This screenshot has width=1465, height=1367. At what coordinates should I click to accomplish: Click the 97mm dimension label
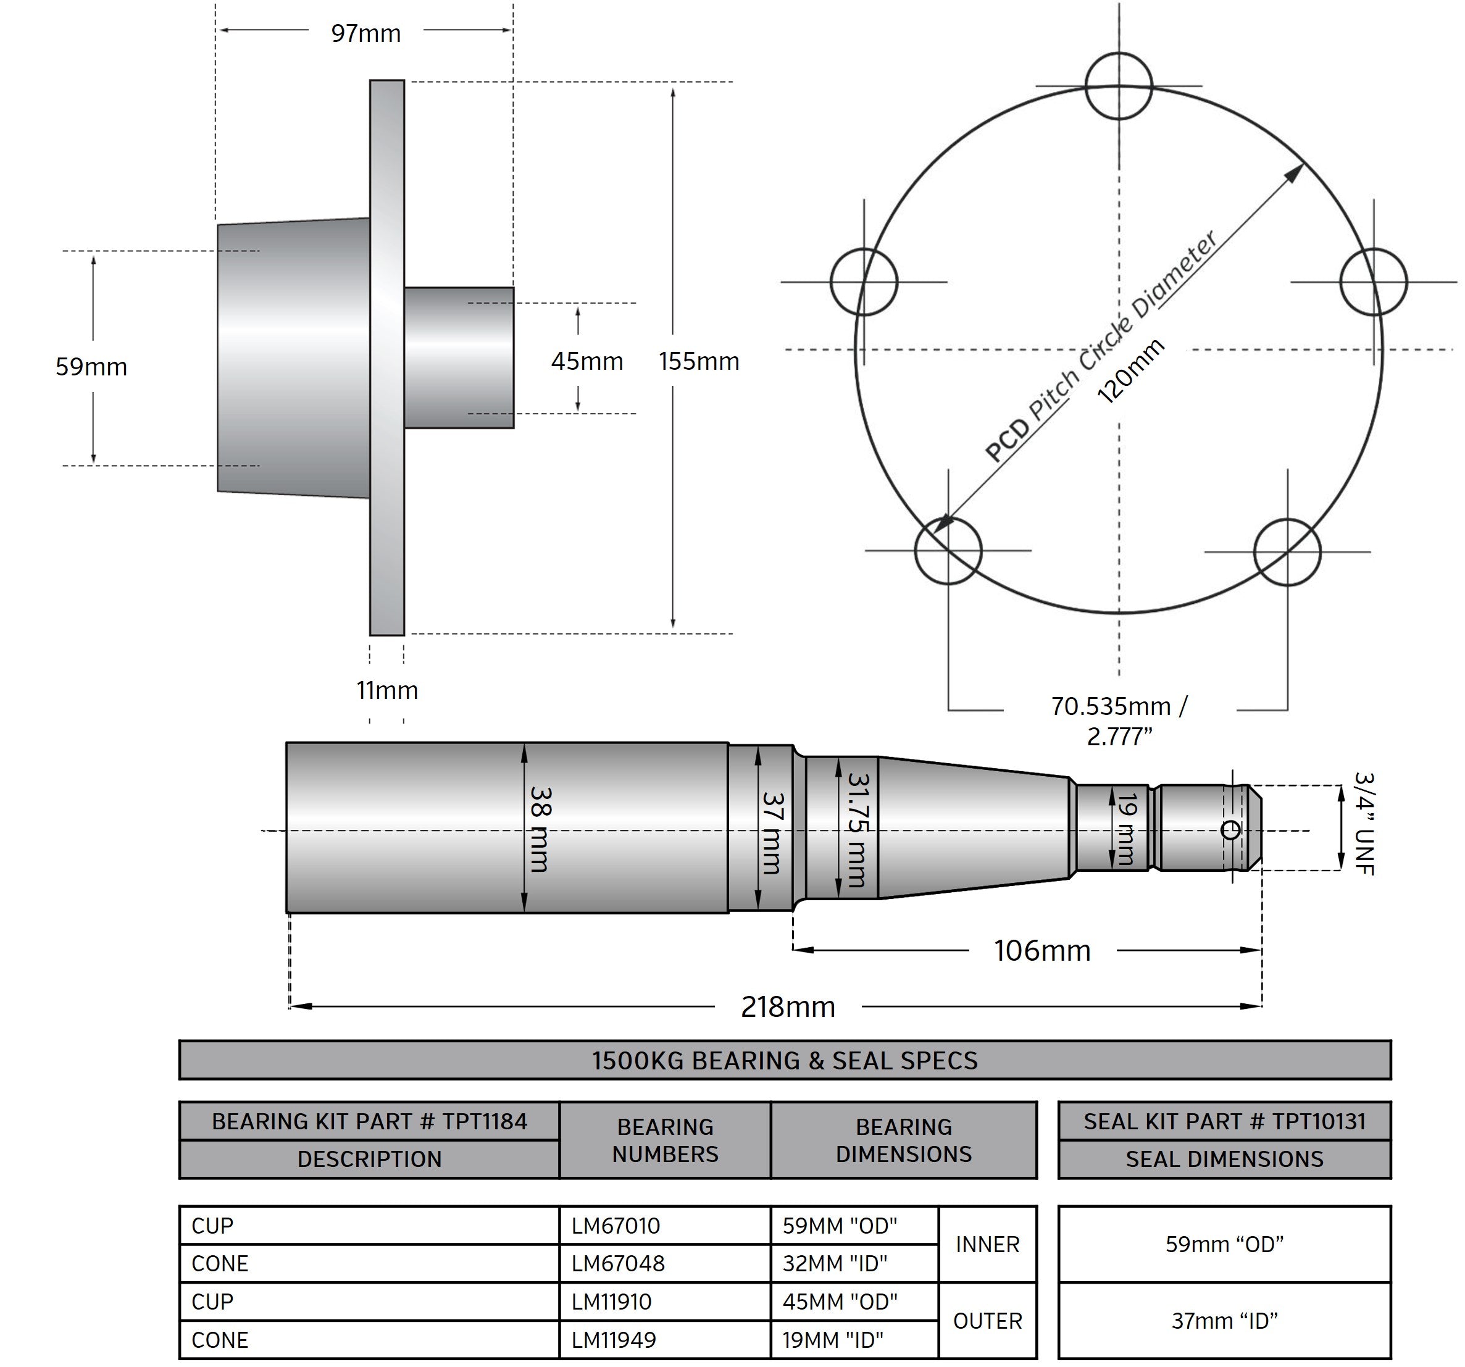pos(365,33)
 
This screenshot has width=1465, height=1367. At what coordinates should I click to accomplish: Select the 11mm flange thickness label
pos(387,690)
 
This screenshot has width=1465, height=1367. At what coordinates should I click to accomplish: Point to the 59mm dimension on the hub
pos(91,366)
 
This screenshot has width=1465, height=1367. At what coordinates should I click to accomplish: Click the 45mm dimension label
pos(586,361)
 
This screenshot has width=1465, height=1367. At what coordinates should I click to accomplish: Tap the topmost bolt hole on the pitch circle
pos(1119,86)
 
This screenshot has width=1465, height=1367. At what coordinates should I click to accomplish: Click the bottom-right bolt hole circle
pos(1287,552)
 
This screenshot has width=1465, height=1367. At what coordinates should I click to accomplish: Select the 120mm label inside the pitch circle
pos(1130,372)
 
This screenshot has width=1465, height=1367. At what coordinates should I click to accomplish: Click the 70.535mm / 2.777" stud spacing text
pos(1119,721)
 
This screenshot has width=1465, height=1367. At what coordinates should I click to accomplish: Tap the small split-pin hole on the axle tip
pos(1230,830)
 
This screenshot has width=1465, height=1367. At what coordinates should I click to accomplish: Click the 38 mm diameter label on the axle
pos(540,829)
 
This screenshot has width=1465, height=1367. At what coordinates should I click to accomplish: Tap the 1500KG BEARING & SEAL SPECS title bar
pos(785,1060)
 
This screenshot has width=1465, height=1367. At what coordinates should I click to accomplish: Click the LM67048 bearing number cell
pos(618,1264)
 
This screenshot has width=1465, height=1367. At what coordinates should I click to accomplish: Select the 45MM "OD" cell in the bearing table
pos(840,1302)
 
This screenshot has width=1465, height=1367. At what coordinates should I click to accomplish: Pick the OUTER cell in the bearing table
pos(988,1321)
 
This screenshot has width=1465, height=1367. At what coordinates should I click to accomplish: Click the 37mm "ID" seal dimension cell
pos(1224,1321)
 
